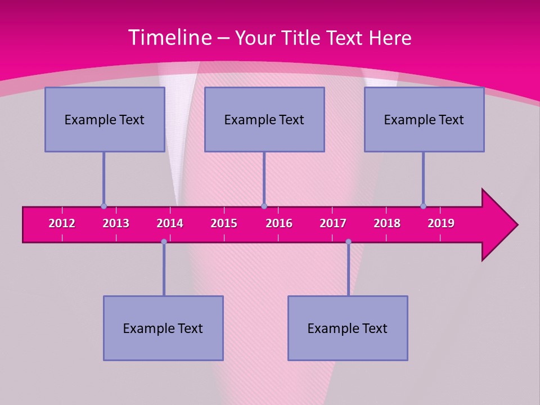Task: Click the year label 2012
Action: click(62, 223)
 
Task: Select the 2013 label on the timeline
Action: click(116, 223)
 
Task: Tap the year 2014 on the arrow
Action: click(170, 223)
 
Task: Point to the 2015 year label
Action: click(224, 223)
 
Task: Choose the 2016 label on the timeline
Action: click(279, 223)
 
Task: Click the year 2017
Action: click(333, 223)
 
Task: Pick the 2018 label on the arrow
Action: click(387, 223)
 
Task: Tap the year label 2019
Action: click(441, 223)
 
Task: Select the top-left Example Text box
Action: click(105, 119)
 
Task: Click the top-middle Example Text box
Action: click(264, 119)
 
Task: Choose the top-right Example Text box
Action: click(424, 119)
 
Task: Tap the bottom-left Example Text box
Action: click(163, 328)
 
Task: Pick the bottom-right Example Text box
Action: click(348, 328)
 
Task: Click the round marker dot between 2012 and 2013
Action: click(103, 206)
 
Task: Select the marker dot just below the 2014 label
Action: click(164, 241)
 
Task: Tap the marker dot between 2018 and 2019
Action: click(423, 206)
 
